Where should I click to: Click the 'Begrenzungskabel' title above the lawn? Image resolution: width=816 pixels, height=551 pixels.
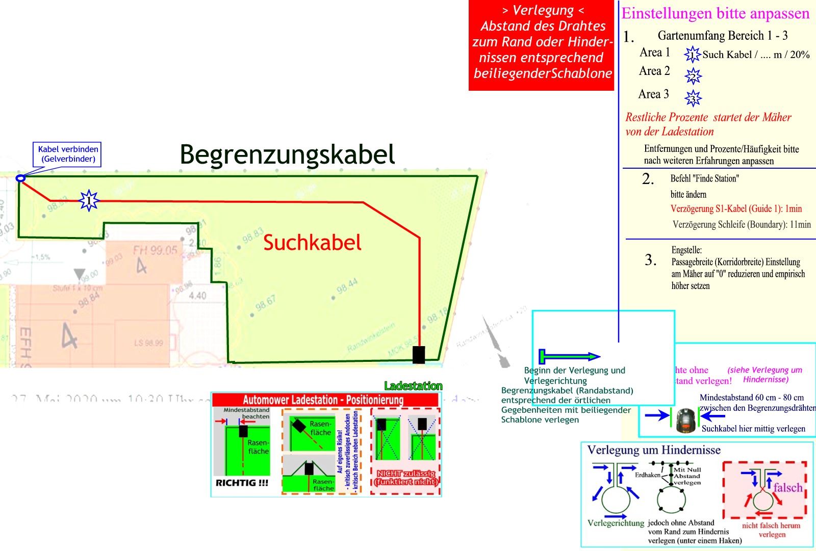(x=288, y=154)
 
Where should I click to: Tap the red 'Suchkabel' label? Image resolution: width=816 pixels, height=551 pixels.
(x=312, y=243)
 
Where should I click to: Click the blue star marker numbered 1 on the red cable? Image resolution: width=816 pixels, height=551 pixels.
(x=89, y=201)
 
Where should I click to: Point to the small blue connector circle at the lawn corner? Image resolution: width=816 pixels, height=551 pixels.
(x=20, y=178)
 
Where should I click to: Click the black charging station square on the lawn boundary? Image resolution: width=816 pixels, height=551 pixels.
(x=419, y=354)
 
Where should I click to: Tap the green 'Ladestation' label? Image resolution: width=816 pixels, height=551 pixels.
(x=413, y=386)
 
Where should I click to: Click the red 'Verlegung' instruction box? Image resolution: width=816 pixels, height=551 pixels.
(x=542, y=45)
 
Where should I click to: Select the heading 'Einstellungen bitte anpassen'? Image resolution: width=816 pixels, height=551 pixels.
(x=715, y=13)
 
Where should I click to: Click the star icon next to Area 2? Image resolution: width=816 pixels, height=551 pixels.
(x=693, y=76)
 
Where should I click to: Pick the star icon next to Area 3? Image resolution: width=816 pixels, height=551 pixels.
(x=693, y=97)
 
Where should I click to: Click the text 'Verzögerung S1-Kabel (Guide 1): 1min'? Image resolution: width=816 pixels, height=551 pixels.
(x=736, y=208)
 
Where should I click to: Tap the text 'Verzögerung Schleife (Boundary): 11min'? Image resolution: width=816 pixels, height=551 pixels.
(x=741, y=224)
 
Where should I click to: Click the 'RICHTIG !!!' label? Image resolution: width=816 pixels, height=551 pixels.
(x=242, y=483)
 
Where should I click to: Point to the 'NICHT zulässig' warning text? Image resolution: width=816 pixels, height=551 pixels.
(x=406, y=477)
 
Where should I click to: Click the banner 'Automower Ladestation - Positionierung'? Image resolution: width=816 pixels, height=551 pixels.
(x=323, y=400)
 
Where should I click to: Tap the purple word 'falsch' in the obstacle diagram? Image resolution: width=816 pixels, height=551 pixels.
(x=787, y=488)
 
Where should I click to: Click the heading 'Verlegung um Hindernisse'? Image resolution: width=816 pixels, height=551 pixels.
(x=654, y=450)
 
